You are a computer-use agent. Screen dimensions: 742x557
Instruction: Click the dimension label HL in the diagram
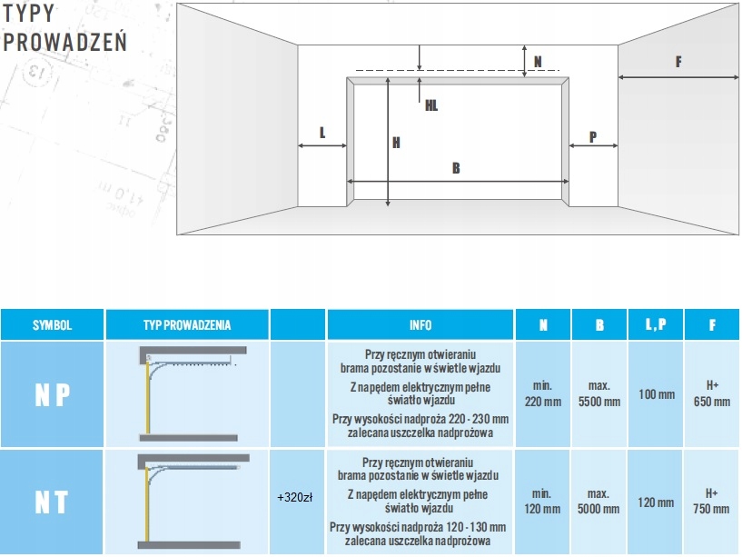[x=431, y=105]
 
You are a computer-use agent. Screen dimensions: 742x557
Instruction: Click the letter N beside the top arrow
[x=538, y=62]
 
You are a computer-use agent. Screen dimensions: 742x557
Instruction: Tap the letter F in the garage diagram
[x=678, y=62]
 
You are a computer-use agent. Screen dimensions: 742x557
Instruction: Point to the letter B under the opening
[x=456, y=167]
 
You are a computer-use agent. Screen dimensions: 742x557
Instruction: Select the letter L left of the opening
[x=322, y=133]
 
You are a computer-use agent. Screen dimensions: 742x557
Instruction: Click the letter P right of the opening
[x=592, y=137]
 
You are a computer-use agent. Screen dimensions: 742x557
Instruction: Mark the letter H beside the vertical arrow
[x=397, y=142]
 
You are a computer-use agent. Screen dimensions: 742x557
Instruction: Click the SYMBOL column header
[x=52, y=325]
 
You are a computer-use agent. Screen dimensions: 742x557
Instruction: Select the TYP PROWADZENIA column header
[x=187, y=325]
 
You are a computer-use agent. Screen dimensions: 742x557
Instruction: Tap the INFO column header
[x=420, y=325]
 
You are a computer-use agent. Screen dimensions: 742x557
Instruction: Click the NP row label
[x=52, y=395]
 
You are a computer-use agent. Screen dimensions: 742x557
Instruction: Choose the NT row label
[x=52, y=501]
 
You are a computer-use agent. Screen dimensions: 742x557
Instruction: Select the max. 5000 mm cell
[x=599, y=502]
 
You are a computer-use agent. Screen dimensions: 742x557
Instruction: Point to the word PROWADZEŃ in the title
[x=65, y=41]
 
